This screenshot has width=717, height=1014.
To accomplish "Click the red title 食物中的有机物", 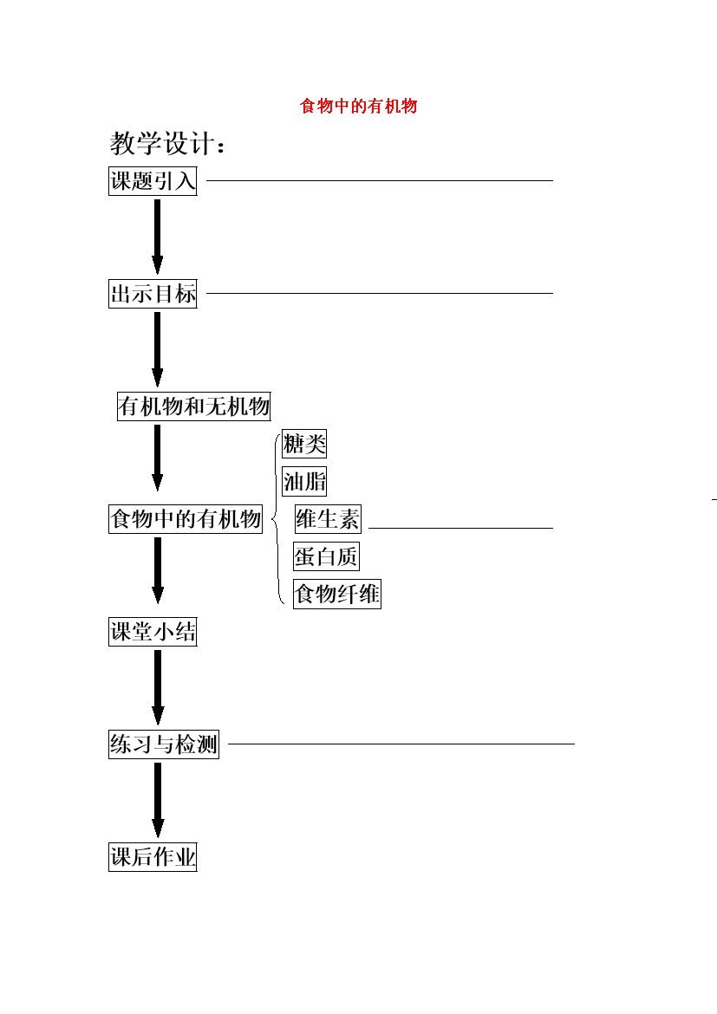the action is click(x=359, y=106).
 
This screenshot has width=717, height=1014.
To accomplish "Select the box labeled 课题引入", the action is click(x=153, y=181).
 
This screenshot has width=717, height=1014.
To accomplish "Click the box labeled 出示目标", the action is click(x=153, y=294).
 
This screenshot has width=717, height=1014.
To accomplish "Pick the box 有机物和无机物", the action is click(x=193, y=406).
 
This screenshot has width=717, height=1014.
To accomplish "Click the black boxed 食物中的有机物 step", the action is click(x=186, y=518).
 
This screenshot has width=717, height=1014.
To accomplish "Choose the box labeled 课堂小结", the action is click(x=153, y=632).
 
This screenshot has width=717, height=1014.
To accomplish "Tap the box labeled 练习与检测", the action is click(x=164, y=744).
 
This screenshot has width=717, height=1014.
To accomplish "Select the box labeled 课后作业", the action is click(x=153, y=857).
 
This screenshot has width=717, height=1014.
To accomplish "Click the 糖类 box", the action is click(x=304, y=444).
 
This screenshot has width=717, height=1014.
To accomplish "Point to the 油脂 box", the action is click(x=304, y=481).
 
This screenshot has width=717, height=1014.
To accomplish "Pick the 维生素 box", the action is click(x=328, y=518).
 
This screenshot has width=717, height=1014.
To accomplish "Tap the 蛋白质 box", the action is click(x=326, y=556).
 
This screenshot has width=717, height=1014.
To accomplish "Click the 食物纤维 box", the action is click(x=337, y=594).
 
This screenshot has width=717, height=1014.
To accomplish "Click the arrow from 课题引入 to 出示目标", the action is click(x=157, y=237).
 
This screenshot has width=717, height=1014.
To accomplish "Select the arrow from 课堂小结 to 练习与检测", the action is click(x=157, y=687).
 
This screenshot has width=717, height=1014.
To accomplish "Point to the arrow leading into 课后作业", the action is click(x=157, y=800).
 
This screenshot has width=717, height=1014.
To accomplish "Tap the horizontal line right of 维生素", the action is click(x=460, y=528).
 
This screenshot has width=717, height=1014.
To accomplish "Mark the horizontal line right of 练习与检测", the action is click(x=401, y=744).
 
